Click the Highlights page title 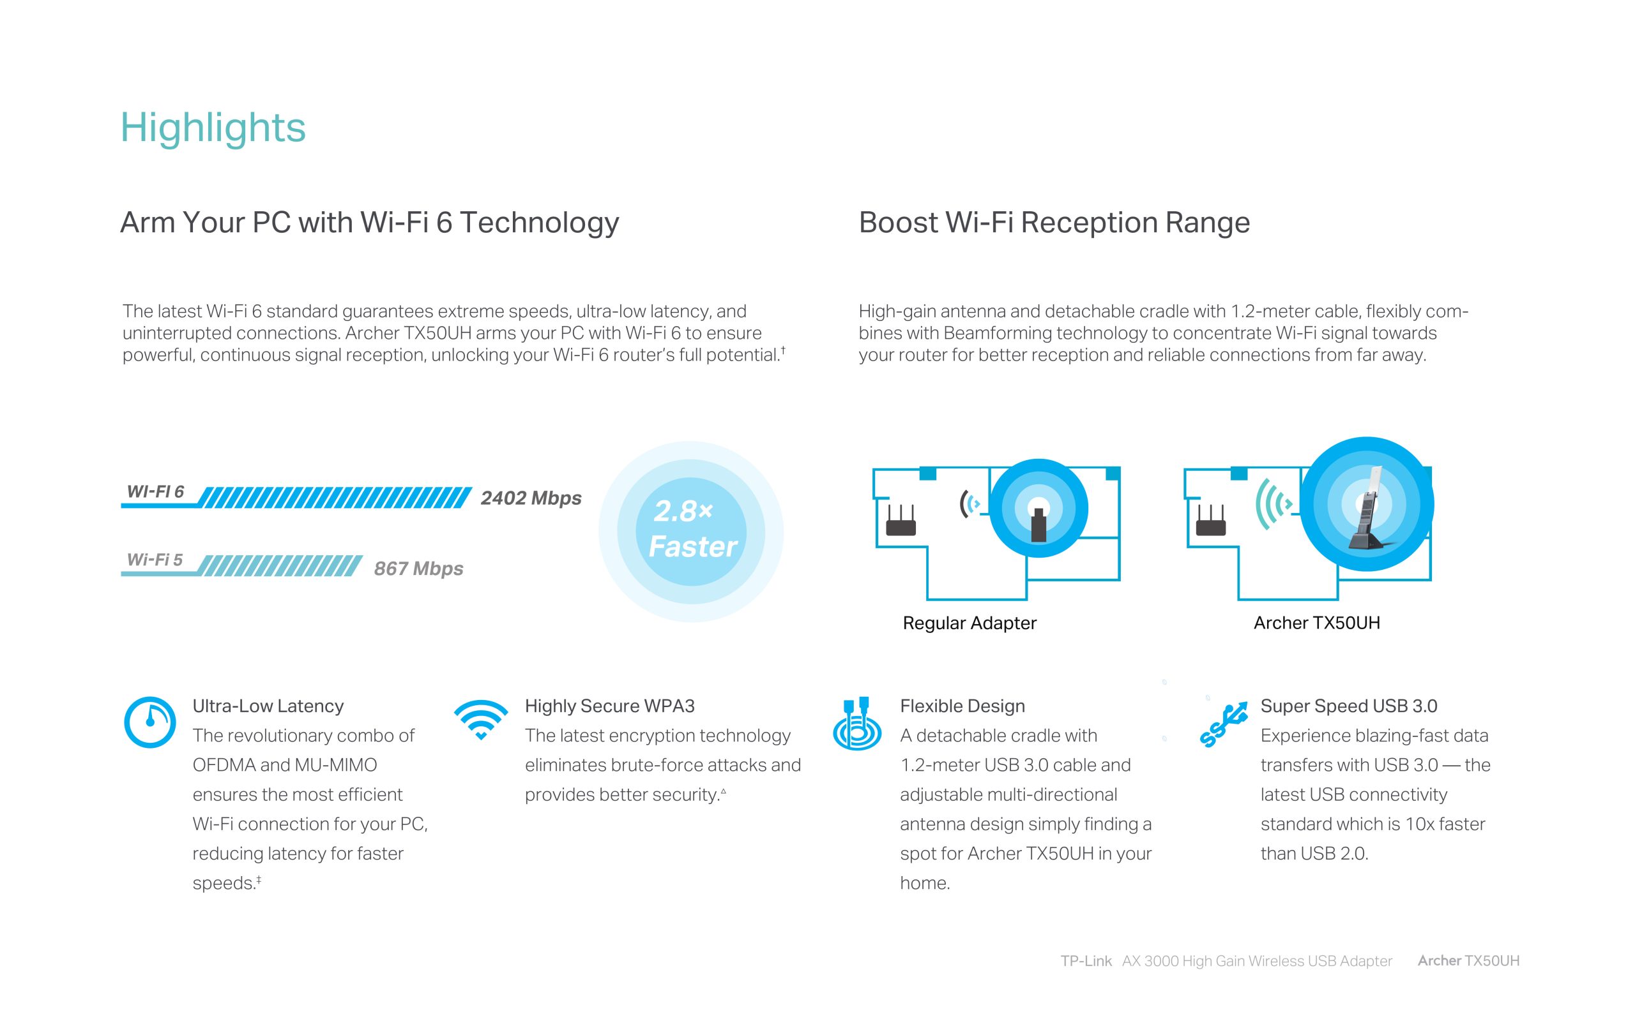click(x=213, y=128)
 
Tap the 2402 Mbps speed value click(x=531, y=498)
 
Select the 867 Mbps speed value click(x=419, y=569)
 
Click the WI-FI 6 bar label click(x=155, y=491)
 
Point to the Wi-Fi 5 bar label click(x=155, y=560)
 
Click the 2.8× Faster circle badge click(x=691, y=532)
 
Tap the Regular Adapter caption click(x=970, y=623)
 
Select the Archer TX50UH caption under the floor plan click(x=1317, y=623)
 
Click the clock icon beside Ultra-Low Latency click(x=150, y=722)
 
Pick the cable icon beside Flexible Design click(x=857, y=724)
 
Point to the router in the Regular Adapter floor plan click(x=901, y=521)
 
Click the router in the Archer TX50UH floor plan click(x=1211, y=521)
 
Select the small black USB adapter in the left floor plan click(x=1039, y=524)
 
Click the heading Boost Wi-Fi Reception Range click(x=1054, y=222)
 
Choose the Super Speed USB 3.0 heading click(x=1348, y=706)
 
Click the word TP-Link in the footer click(x=1086, y=961)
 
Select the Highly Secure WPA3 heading click(x=609, y=706)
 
